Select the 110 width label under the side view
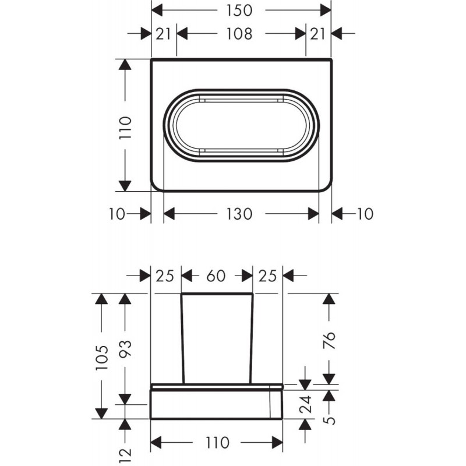[x=217, y=443]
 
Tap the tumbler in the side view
[x=217, y=338]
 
